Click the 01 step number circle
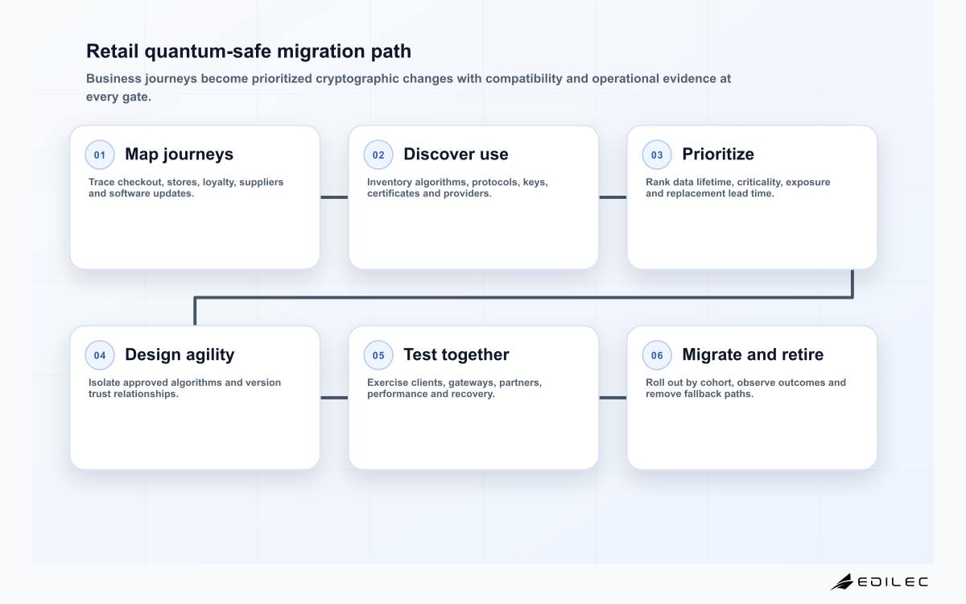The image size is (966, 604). click(x=100, y=155)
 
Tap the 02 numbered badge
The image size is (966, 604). click(x=378, y=155)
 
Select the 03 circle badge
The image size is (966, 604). click(x=657, y=155)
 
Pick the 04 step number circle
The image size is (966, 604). click(x=100, y=355)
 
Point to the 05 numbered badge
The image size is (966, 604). click(x=378, y=355)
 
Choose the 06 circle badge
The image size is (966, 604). click(x=657, y=355)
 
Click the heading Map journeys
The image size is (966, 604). click(x=179, y=155)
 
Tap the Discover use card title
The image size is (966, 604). click(x=456, y=154)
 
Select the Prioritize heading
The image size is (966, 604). click(x=718, y=154)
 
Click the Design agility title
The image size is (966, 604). click(x=180, y=354)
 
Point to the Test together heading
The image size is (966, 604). click(x=456, y=354)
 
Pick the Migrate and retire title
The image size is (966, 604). click(x=753, y=354)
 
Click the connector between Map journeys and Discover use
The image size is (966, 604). click(x=334, y=197)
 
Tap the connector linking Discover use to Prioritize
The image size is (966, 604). click(x=613, y=197)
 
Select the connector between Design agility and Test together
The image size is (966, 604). click(x=334, y=398)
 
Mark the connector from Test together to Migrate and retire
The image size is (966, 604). click(x=613, y=398)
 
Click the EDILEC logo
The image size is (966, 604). click(x=879, y=581)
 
